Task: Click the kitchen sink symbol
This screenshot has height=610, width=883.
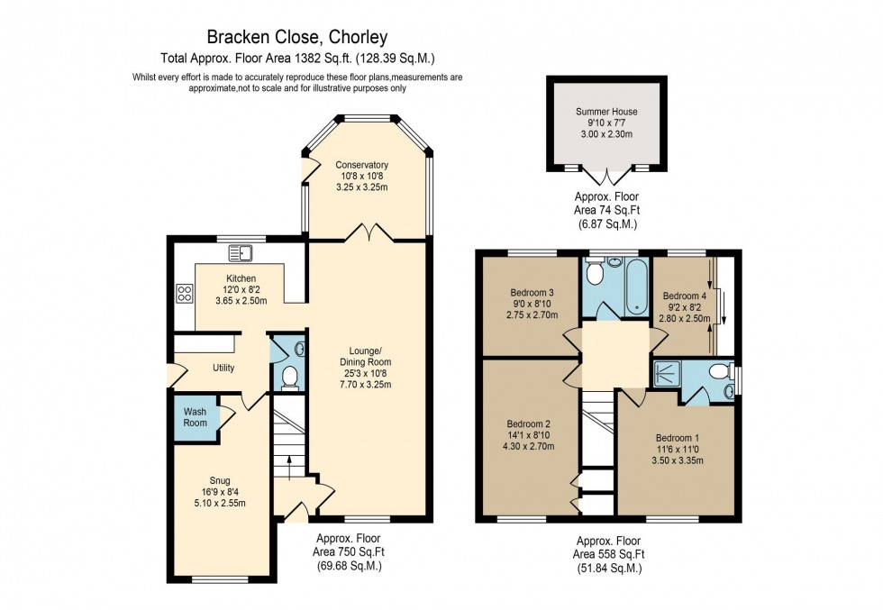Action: coord(241,252)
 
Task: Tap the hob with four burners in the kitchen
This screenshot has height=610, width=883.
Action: coord(185,293)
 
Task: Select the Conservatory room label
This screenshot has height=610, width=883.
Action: coord(361,165)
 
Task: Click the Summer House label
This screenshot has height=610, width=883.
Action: coord(606,113)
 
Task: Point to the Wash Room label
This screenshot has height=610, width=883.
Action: coord(196,417)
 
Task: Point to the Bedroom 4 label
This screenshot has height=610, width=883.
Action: coord(684,296)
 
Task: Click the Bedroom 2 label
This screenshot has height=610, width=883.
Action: coord(528,424)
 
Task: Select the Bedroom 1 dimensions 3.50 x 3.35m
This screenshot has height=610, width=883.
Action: coord(675,460)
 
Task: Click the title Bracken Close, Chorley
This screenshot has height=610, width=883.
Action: coord(297,37)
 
